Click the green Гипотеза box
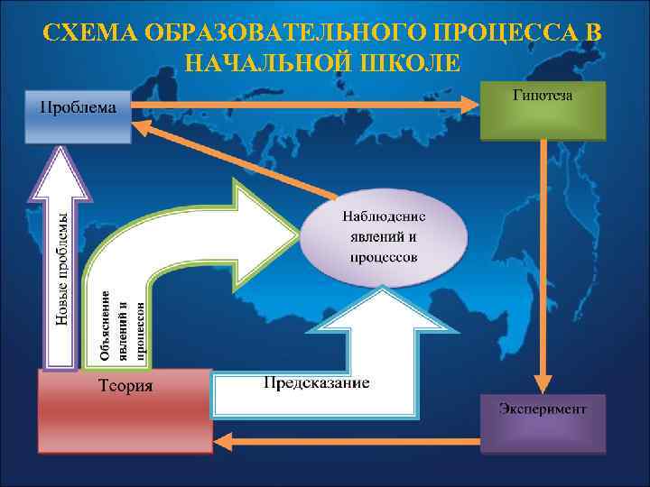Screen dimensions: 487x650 [542, 112]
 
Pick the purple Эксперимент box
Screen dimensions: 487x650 [543, 424]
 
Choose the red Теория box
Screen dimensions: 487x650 [124, 411]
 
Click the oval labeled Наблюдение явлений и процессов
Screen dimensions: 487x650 [384, 237]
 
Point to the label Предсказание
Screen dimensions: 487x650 [316, 384]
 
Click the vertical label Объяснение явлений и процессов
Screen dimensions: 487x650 [122, 325]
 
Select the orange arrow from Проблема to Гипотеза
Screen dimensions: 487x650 [307, 105]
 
